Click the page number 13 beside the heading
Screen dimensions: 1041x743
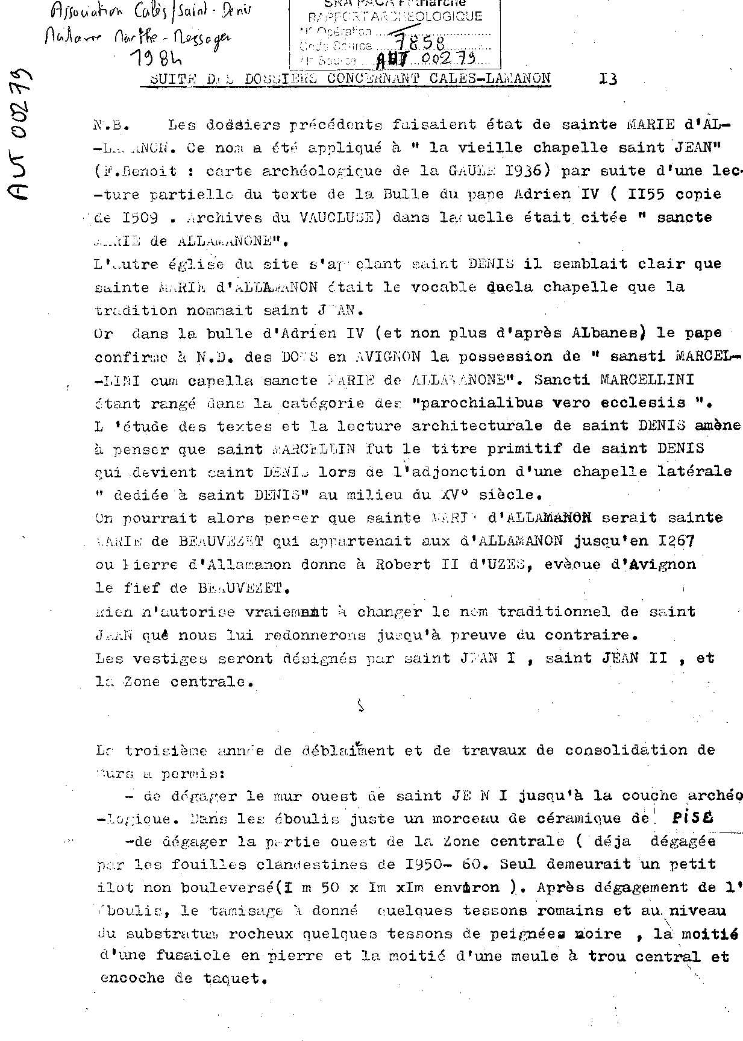[x=608, y=79]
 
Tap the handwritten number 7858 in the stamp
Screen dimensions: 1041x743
[x=419, y=42]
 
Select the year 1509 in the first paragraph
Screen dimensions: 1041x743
[x=139, y=218]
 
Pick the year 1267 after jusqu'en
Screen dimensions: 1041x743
[x=676, y=541]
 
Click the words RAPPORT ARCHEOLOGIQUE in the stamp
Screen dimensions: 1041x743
[x=395, y=17]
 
